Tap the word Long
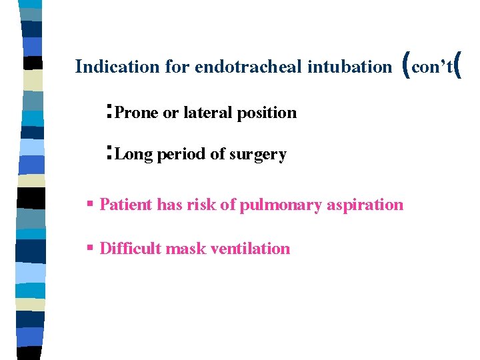pyautogui.click(x=134, y=155)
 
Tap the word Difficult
pyautogui.click(x=130, y=249)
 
